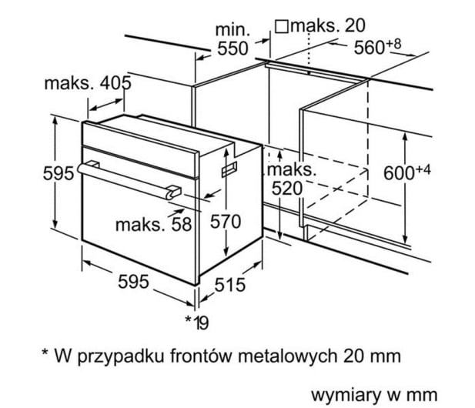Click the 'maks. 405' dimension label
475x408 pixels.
point(88,82)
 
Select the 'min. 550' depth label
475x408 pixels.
point(232,39)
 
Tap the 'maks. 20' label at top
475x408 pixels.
point(328,25)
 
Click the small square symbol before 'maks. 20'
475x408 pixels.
point(282,26)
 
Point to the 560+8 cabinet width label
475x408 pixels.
point(377,46)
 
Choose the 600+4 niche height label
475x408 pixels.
point(406,172)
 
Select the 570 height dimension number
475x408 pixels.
point(226,221)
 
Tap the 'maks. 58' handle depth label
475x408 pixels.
point(154,225)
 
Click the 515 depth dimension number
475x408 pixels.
point(230,285)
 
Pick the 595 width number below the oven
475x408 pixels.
point(133,282)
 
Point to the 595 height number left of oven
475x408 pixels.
point(59,173)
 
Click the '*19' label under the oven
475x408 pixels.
point(197,323)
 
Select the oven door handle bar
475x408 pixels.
point(124,180)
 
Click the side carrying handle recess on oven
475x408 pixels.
point(229,169)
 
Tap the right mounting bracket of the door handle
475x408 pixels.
point(173,192)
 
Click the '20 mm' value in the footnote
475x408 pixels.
point(373,356)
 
